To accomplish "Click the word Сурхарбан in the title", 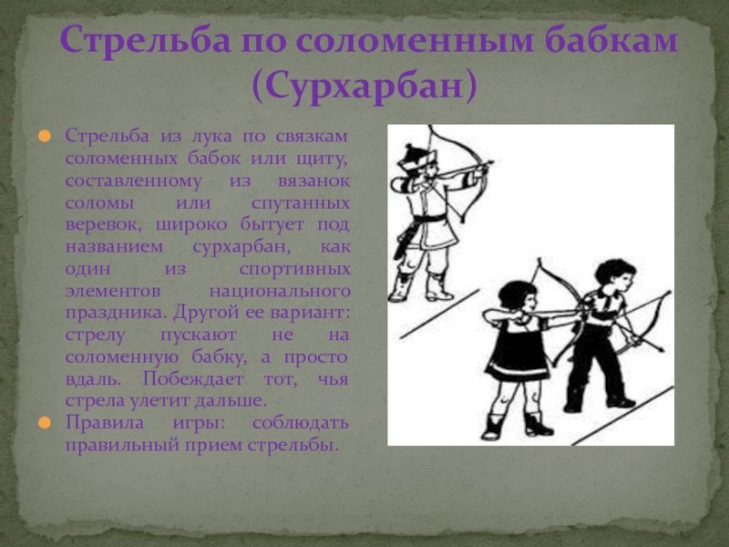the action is (365, 86).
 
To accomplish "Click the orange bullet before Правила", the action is (44, 423).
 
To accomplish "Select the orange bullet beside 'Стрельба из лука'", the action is (44, 136).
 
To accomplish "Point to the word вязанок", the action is (313, 181).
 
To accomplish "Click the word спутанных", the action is (301, 203).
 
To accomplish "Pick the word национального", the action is (280, 292).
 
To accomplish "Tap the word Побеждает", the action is (193, 378).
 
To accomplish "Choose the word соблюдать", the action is (301, 423).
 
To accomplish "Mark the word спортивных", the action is (294, 269).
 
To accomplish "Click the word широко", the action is (191, 225).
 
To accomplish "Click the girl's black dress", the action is (517, 349).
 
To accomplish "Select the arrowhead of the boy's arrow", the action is (660, 348).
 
